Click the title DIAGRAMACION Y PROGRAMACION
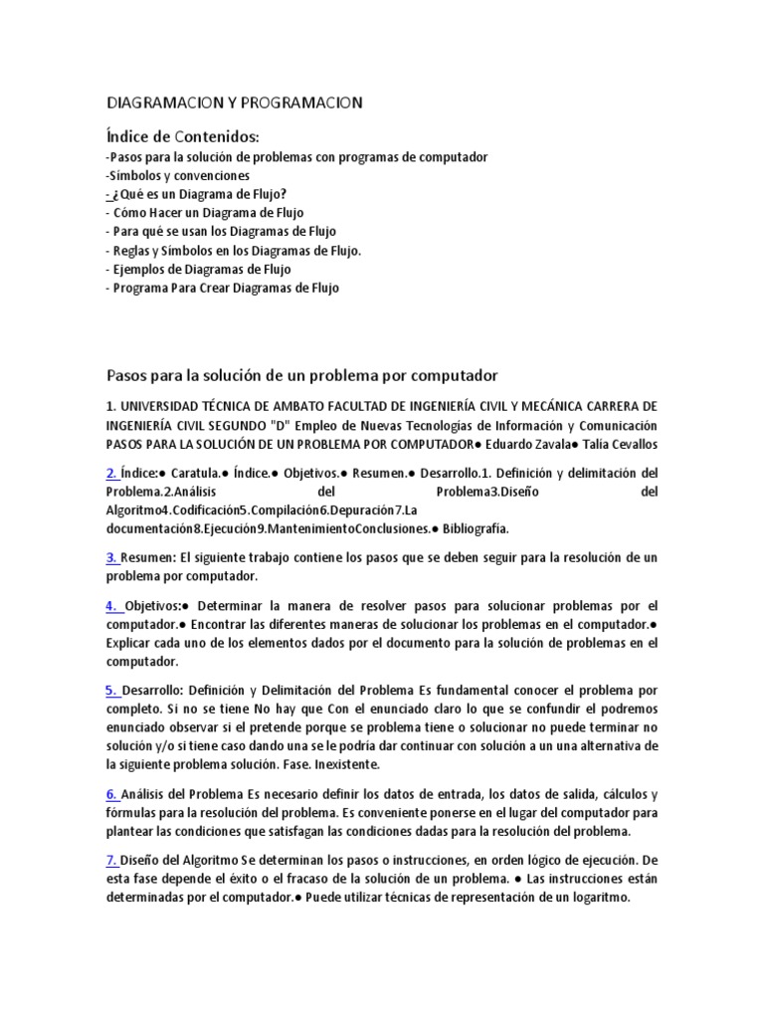pyautogui.click(x=234, y=102)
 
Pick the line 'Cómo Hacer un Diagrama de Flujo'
pyautogui.click(x=208, y=213)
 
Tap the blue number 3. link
pyautogui.click(x=112, y=557)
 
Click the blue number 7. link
pyautogui.click(x=112, y=860)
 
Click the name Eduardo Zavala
pyautogui.click(x=528, y=444)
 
